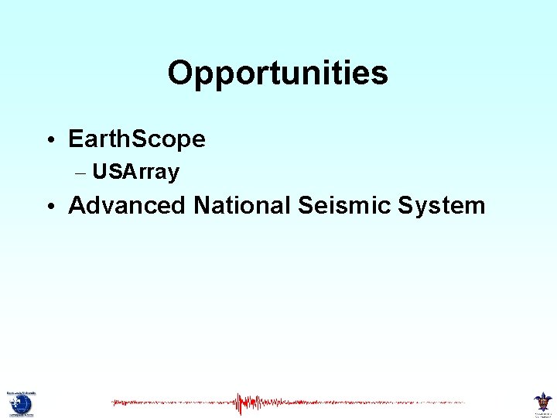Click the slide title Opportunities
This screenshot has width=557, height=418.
coord(278,74)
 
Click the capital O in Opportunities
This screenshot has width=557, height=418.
coord(179,74)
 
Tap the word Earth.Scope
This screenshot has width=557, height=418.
coord(137,139)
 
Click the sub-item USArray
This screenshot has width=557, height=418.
coord(136,172)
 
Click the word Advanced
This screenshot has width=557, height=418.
coord(127,206)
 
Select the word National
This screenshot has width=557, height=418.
coord(240,206)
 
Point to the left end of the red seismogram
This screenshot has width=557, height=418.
coord(113,403)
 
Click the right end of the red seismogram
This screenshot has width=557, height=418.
coord(463,403)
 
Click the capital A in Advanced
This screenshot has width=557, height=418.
coord(77,206)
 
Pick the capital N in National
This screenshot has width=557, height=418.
coord(202,206)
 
